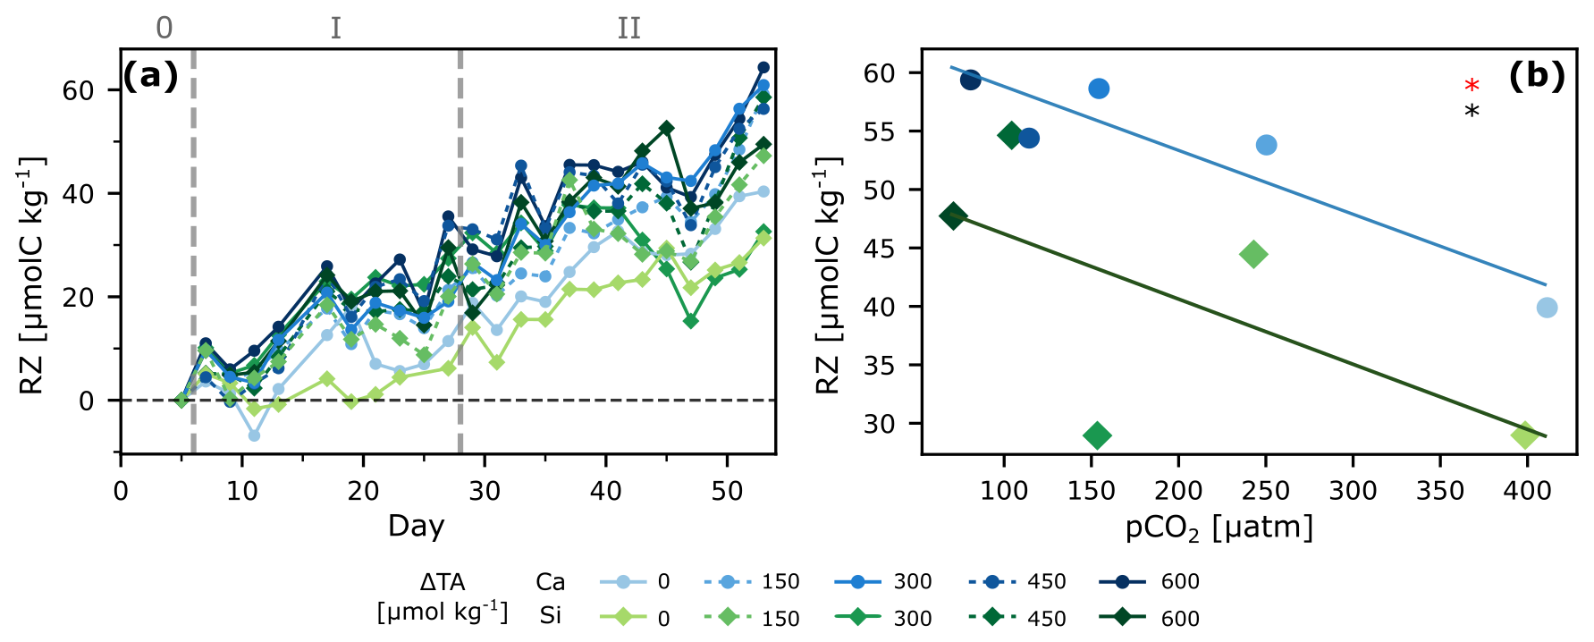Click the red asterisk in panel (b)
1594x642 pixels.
coord(1472,86)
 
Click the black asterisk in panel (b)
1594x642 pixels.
coord(1472,112)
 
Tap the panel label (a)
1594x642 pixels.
coord(150,76)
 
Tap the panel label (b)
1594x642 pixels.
coord(1536,76)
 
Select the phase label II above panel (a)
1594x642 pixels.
coord(628,29)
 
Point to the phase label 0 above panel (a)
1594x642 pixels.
coord(164,29)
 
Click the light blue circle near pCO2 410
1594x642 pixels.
coord(1547,308)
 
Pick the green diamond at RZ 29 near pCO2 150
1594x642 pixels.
coord(1097,435)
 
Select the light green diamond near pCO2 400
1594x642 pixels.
coord(1524,435)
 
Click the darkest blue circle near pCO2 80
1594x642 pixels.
coord(970,80)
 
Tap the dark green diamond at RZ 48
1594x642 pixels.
coord(953,215)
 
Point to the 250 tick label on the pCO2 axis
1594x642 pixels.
coord(1266,491)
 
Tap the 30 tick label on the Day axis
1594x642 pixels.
coord(485,491)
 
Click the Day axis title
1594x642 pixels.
coord(416,526)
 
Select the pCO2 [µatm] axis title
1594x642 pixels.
coord(1219,528)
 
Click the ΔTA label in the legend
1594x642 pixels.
coord(442,583)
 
